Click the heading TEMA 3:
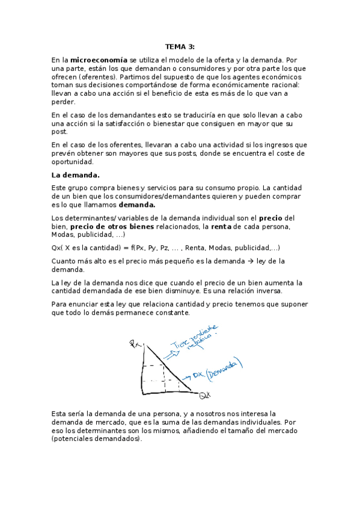[x=180, y=46]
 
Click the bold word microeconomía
[x=99, y=60]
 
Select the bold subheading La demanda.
[x=75, y=175]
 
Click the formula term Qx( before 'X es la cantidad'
[x=58, y=248]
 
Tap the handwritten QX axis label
[x=205, y=395]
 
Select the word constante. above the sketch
[x=171, y=313]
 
